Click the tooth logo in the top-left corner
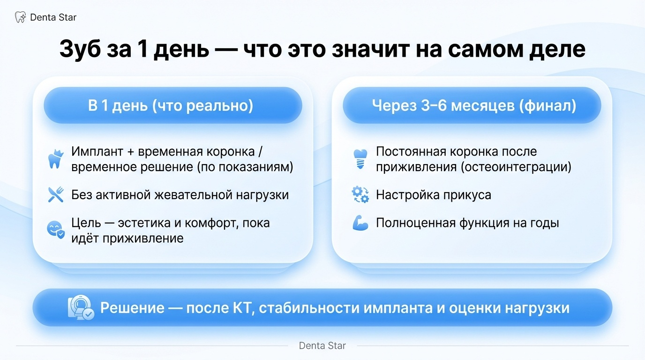[x=20, y=17]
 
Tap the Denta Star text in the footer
[x=322, y=346]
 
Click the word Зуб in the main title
[x=80, y=49]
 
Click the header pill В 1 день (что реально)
[x=173, y=105]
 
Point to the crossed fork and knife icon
[x=56, y=195]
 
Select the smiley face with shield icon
[x=56, y=229]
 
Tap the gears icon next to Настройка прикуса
[x=360, y=195]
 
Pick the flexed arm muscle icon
[x=360, y=223]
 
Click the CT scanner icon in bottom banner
[x=81, y=308]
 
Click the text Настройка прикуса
[x=433, y=195]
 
